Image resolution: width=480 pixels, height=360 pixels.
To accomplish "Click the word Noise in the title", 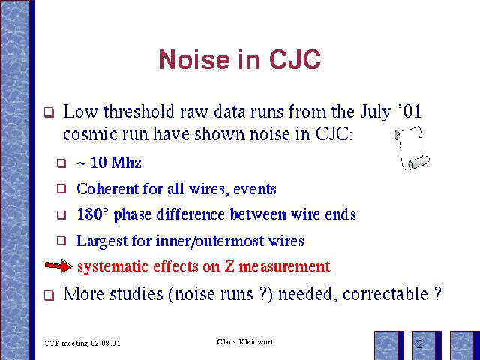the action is [x=194, y=59].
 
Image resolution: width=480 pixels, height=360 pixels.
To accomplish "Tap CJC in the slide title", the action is [x=295, y=59].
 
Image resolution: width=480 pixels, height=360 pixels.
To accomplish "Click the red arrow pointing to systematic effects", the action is [x=58, y=265].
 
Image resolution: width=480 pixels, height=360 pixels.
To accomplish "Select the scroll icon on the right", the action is [x=412, y=148].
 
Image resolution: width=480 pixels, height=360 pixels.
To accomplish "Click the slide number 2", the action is [x=419, y=344].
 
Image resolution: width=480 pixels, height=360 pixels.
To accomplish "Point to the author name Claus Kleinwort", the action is [x=245, y=342].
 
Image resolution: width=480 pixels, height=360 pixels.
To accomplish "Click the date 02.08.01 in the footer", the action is [x=106, y=343].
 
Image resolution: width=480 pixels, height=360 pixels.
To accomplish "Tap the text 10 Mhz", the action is [x=116, y=163].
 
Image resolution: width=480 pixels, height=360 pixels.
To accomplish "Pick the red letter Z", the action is [x=229, y=265].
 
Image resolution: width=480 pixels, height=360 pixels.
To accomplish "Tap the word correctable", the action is [x=385, y=294].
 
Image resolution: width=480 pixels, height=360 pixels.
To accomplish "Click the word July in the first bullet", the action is [x=375, y=112].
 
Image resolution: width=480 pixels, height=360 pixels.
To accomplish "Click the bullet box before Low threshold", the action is [x=49, y=112].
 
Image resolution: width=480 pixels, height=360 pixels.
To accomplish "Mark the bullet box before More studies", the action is [x=49, y=295].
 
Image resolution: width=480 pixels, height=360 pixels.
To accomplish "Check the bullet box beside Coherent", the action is [x=61, y=189].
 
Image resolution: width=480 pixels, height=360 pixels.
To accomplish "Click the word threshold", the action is [x=139, y=112].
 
